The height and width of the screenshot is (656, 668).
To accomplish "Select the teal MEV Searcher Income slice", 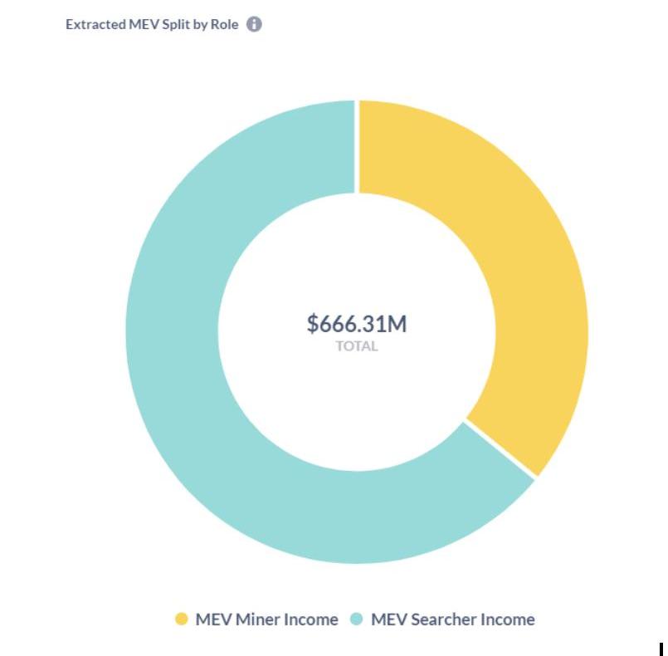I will pos(191,374).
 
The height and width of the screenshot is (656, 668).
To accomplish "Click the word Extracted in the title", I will pos(95,24).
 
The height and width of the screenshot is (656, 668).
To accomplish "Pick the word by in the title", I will pos(203,24).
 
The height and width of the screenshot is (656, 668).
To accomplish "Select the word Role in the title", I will pos(227,24).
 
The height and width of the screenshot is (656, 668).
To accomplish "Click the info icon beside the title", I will pos(254,24).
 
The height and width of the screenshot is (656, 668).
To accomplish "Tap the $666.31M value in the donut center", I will pos(357,323).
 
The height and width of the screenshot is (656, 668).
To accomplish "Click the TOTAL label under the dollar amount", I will pos(357,346).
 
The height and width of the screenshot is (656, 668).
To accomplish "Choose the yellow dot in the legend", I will pos(182,619).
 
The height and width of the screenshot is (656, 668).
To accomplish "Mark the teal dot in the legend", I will pos(357,619).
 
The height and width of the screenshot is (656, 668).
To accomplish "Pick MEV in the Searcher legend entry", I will pos(388,619).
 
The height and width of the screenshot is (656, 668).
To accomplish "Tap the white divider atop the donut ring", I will pos(358,146).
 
